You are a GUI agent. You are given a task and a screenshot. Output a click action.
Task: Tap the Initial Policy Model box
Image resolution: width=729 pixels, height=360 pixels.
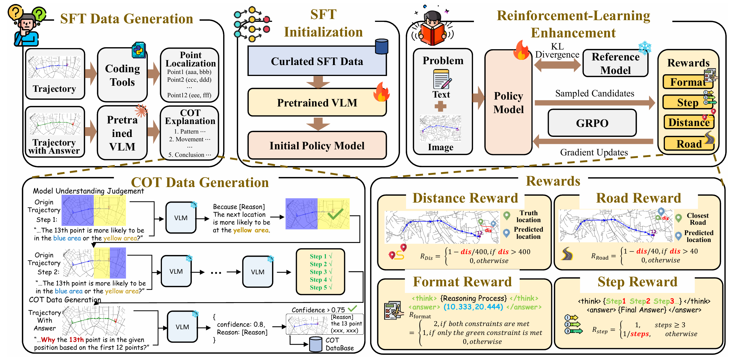coord(317,146)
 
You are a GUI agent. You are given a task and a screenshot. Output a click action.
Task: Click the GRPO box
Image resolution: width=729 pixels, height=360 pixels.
coord(592,123)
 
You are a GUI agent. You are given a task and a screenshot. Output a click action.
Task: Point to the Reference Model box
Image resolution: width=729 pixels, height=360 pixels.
coord(615,64)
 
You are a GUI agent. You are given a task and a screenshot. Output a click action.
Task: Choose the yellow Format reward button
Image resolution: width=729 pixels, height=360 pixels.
coord(688,82)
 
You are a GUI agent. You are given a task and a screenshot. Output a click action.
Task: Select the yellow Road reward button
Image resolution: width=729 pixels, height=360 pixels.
coord(689,144)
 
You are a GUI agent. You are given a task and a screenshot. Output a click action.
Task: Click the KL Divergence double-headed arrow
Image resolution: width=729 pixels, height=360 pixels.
coord(557,65)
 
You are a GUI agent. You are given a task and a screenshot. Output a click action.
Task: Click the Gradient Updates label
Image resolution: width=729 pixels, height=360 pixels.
coord(594,152)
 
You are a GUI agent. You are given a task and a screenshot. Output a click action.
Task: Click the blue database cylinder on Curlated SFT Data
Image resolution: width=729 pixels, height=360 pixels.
coord(382,47)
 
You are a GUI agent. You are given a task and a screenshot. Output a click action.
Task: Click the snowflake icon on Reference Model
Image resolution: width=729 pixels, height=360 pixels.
coord(645,48)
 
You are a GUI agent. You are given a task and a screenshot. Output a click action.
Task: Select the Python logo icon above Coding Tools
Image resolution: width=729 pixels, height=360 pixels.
coord(139,50)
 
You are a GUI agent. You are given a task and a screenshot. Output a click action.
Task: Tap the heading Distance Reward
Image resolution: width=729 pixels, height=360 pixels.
coord(465,198)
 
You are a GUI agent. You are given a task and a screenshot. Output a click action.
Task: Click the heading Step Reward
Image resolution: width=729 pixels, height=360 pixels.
coord(637,282)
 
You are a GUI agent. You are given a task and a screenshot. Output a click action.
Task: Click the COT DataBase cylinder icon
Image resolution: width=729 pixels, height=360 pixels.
coord(315,344)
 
